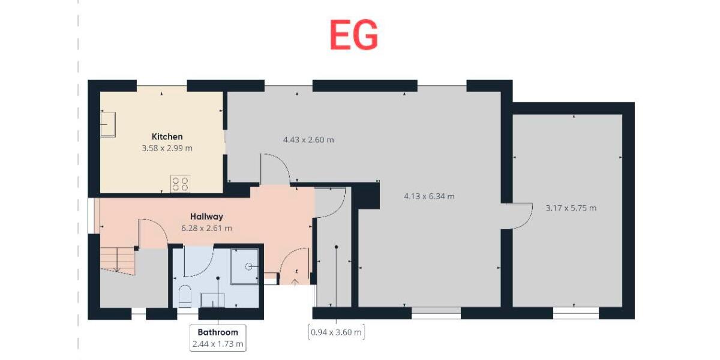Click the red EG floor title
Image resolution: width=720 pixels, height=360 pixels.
pyautogui.click(x=353, y=35)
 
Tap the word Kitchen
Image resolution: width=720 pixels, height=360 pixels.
pyautogui.click(x=167, y=136)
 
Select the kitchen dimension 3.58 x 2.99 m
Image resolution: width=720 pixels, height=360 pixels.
pyautogui.click(x=167, y=148)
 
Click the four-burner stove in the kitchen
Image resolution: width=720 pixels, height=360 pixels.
pyautogui.click(x=180, y=184)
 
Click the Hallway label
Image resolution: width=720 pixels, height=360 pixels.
pyautogui.click(x=206, y=216)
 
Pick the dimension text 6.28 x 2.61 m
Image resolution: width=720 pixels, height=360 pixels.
pyautogui.click(x=206, y=228)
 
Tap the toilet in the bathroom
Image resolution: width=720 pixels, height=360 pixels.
pyautogui.click(x=185, y=296)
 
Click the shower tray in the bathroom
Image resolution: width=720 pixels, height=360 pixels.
pyautogui.click(x=246, y=266)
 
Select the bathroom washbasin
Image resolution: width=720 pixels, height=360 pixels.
pyautogui.click(x=212, y=299)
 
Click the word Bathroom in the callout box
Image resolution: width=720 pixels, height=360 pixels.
pyautogui.click(x=218, y=332)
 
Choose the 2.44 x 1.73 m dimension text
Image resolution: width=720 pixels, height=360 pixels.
pyautogui.click(x=218, y=344)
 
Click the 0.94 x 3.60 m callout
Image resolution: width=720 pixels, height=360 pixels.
pyautogui.click(x=336, y=332)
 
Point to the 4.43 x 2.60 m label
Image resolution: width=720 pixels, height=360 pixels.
pyautogui.click(x=308, y=140)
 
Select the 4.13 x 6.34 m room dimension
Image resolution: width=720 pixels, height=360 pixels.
pyautogui.click(x=429, y=196)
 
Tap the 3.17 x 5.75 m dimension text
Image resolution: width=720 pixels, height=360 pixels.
pyautogui.click(x=571, y=208)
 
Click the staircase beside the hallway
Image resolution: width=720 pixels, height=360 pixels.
pyautogui.click(x=117, y=262)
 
